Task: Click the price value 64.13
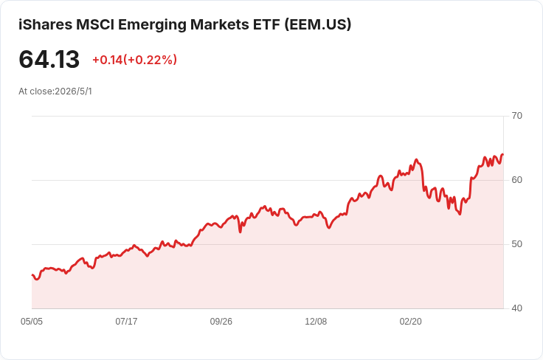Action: pos(49,59)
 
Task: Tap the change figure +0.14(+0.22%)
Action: pos(135,60)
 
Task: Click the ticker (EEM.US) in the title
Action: pos(318,24)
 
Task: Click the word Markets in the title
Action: pos(220,24)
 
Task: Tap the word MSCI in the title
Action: pos(95,24)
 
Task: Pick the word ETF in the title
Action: pos(266,24)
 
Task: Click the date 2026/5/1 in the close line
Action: pos(74,91)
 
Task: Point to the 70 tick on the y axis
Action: pos(516,116)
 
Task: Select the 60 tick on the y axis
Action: pos(516,180)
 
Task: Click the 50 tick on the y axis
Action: pos(516,244)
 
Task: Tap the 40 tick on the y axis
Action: pos(516,308)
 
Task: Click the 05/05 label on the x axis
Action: pos(32,322)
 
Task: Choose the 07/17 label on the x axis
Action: pos(126,322)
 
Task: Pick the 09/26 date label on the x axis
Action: pos(221,322)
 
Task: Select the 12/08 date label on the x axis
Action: pos(316,322)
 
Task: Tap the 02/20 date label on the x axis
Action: pos(411,322)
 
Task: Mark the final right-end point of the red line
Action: pos(503,154)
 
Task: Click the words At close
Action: pos(36,91)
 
